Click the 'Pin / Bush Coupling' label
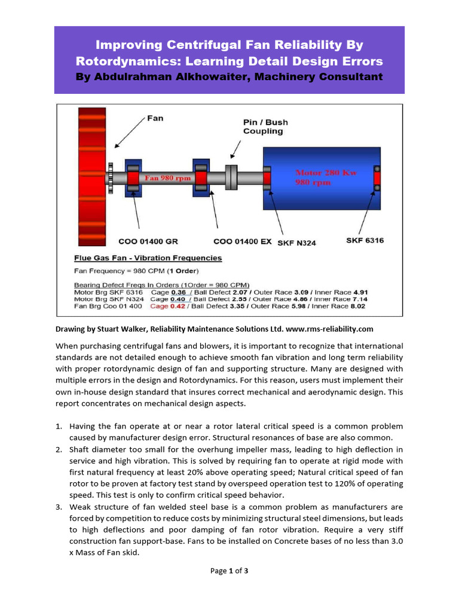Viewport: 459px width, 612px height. (265, 127)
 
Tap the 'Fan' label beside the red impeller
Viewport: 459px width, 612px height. (155, 118)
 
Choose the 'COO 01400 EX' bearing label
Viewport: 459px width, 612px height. (242, 241)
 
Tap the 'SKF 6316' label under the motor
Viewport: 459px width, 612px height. (365, 240)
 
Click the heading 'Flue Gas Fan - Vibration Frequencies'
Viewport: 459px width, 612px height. (148, 258)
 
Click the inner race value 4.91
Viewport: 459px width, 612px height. (358, 292)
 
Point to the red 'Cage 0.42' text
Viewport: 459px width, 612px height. (167, 306)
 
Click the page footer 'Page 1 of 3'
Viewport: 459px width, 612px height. (229, 571)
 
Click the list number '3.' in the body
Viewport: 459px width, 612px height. (59, 507)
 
